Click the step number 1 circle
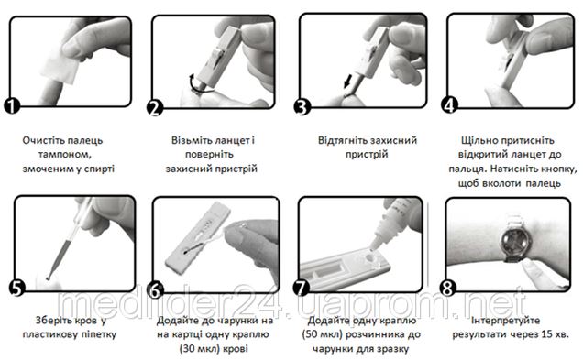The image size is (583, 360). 12,105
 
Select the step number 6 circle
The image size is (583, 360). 155,289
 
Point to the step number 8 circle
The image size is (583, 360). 448,288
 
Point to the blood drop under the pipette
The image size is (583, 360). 49,278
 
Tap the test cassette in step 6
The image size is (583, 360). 198,238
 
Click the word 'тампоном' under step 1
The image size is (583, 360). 65,155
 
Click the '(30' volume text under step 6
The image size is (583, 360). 187,349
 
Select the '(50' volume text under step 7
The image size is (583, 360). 309,334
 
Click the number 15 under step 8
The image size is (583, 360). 546,334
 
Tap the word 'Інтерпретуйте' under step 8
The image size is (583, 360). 505,321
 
